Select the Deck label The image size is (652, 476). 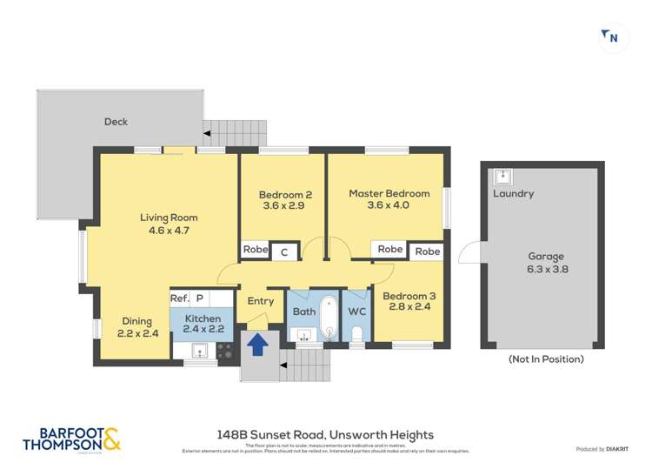[x=116, y=122]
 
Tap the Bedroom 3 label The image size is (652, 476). [x=413, y=301]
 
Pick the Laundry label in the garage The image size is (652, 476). [x=513, y=194]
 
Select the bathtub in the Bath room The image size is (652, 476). [x=329, y=318]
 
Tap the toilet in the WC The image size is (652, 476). [x=357, y=334]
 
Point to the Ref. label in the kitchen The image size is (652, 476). [x=180, y=298]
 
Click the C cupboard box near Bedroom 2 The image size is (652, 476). [x=284, y=252]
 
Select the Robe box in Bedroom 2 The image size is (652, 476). [x=255, y=250]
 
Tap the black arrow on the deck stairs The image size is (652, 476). [x=207, y=133]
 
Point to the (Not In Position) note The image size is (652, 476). [x=546, y=359]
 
